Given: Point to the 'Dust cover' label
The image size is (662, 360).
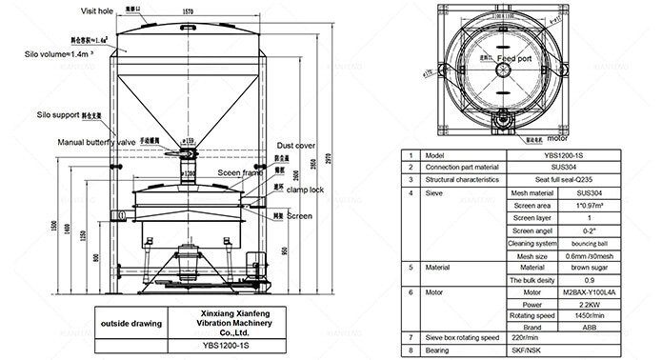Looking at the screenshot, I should (297, 145).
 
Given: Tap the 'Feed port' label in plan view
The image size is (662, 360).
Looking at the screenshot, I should (526, 58).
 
